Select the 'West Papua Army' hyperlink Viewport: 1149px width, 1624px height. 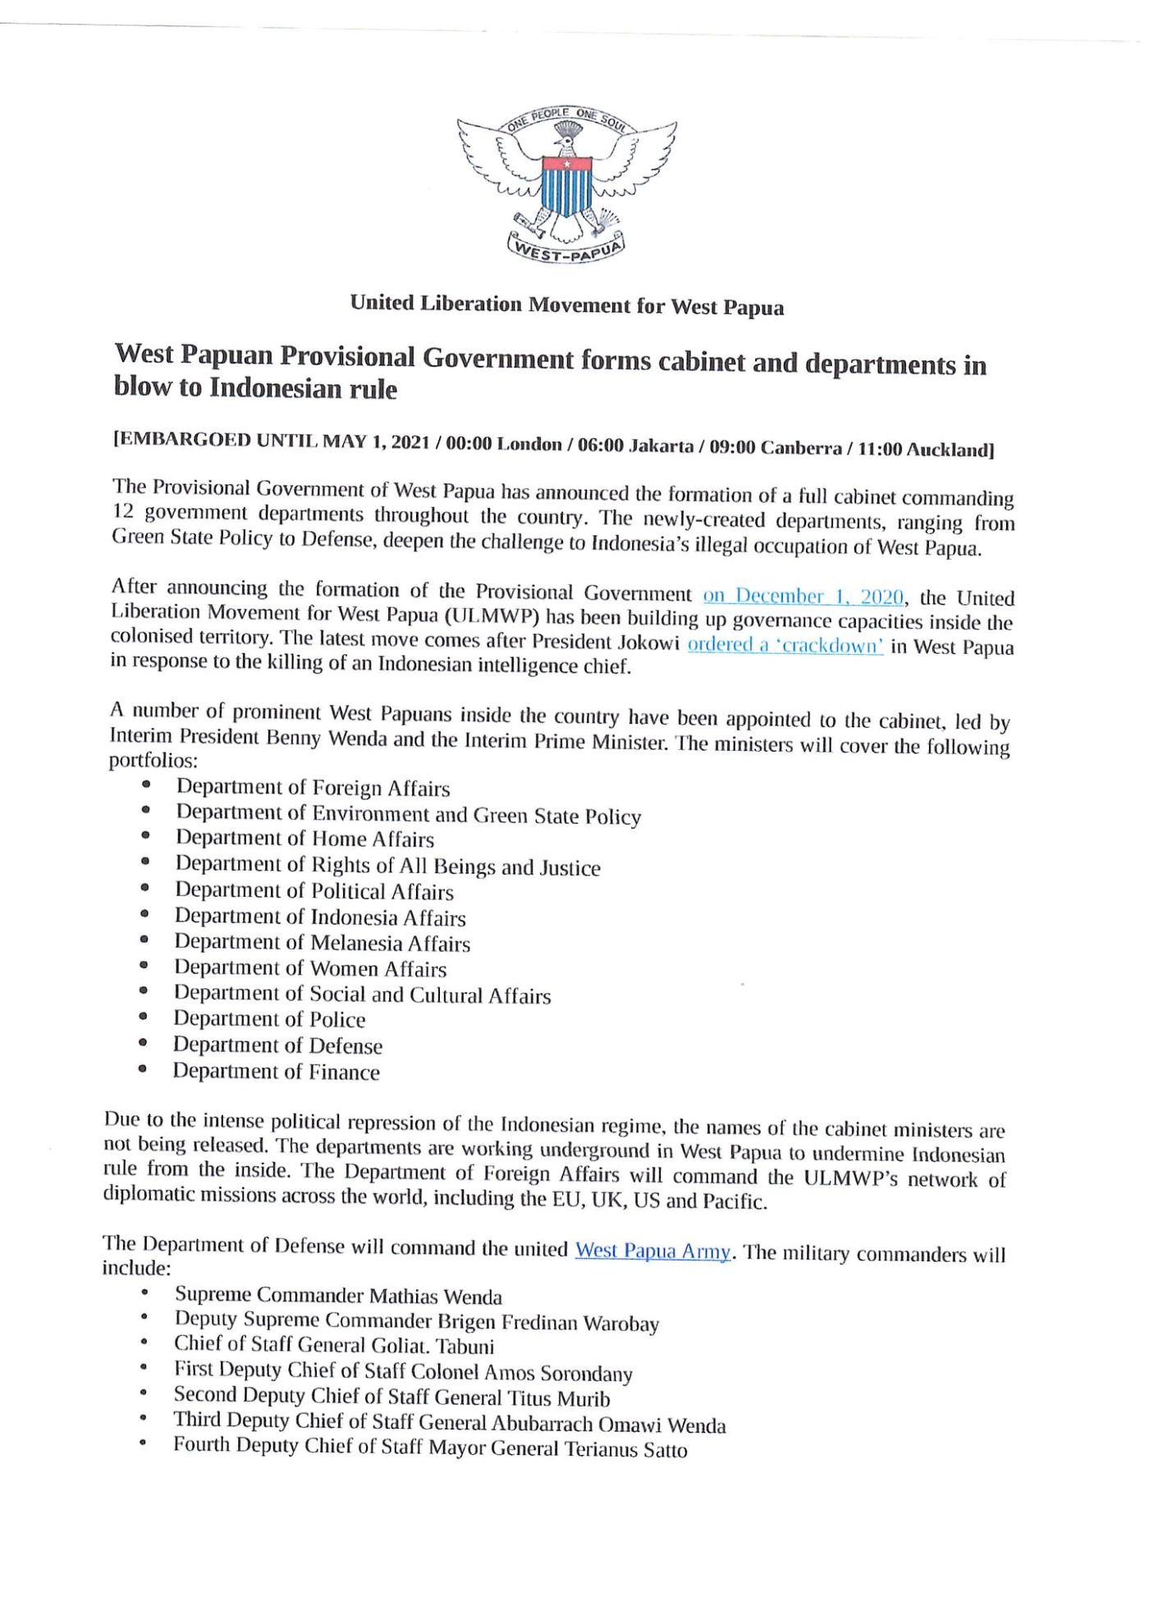point(652,1251)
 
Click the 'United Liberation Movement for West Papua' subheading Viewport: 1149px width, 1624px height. point(566,305)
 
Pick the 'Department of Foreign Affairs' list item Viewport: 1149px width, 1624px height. point(313,788)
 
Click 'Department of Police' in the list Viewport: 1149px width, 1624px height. point(269,1019)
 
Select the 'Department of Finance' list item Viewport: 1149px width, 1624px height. point(276,1072)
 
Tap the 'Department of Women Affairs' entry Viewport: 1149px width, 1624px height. point(310,968)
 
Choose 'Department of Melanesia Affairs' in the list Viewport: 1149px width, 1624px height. point(322,943)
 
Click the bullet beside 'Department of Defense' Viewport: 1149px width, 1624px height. point(143,1044)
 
